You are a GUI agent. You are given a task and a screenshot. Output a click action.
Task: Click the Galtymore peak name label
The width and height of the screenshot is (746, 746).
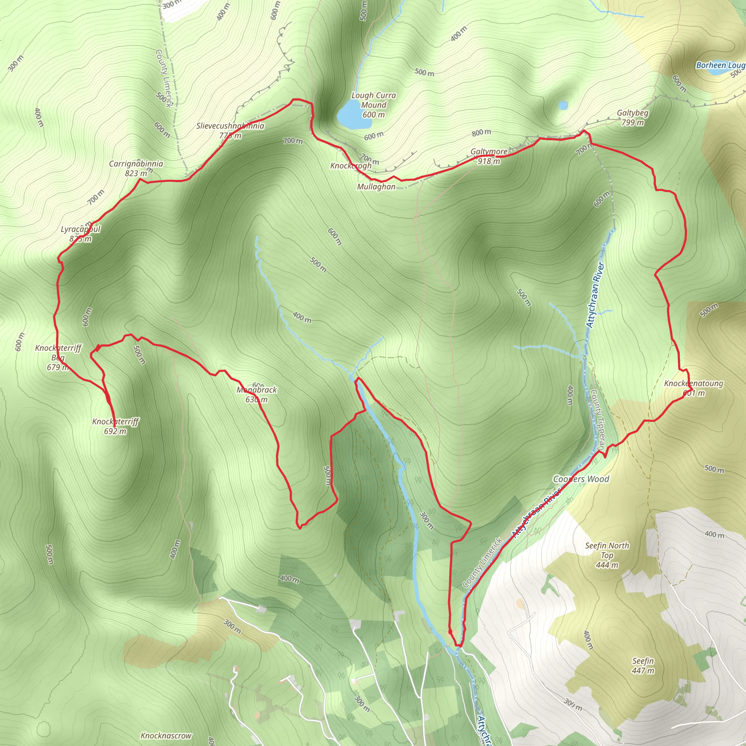[489, 152]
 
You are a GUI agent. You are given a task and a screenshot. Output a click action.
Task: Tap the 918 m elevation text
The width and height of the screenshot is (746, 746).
[489, 161]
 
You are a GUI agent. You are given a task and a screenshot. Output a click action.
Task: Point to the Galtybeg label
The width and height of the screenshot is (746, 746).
[632, 113]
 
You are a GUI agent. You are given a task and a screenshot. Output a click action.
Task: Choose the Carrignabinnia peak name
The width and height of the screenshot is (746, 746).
[136, 164]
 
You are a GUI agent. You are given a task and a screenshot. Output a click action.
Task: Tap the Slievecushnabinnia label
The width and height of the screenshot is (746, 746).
[230, 126]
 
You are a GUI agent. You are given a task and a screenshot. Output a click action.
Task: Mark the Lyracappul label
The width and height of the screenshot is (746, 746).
[81, 229]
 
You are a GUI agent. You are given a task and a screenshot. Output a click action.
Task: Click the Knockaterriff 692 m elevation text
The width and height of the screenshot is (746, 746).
[115, 431]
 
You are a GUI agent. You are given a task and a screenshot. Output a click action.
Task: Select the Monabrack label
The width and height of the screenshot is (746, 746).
[257, 390]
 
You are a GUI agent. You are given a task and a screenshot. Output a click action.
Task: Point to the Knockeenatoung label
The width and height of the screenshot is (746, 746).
[694, 384]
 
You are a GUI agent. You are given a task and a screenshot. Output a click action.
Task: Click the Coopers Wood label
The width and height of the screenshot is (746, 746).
[581, 479]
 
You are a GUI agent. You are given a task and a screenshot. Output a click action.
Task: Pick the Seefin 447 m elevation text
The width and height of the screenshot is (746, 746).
[643, 671]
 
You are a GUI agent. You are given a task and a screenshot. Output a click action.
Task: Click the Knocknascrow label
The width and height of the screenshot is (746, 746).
[166, 735]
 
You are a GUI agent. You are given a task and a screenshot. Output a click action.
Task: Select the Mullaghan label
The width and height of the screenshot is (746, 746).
[376, 187]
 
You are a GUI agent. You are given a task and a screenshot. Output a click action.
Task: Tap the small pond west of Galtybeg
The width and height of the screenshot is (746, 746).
[564, 105]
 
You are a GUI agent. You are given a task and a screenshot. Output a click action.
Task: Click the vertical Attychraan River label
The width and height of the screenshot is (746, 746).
[595, 295]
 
